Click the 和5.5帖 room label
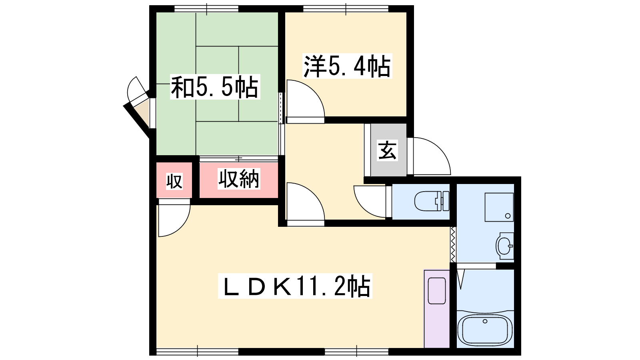point(215,87)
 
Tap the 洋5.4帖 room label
point(347,66)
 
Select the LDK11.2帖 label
point(295,286)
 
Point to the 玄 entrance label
point(387,150)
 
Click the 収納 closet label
point(239,179)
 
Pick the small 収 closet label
point(174,182)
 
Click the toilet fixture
point(432,201)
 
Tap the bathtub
point(485,330)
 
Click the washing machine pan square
point(499,207)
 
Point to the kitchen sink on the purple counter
point(437,291)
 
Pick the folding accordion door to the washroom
point(453,244)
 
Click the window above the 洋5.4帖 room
point(346,9)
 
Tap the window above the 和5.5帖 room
point(206,9)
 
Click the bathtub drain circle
point(485,322)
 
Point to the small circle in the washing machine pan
point(508,216)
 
